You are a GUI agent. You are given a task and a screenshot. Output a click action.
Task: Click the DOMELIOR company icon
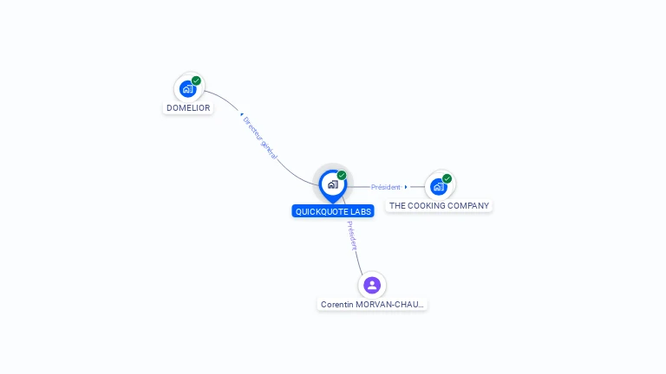(187, 88)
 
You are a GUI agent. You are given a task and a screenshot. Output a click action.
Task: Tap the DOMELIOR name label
(188, 108)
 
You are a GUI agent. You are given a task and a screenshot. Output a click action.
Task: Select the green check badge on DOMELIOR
(196, 81)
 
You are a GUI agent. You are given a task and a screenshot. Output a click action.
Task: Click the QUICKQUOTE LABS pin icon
(332, 184)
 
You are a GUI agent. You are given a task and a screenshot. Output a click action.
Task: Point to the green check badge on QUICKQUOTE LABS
(342, 176)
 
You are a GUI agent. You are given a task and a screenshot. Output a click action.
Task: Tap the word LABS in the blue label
(362, 211)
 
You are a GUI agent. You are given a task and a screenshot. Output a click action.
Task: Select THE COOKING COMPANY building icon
(439, 186)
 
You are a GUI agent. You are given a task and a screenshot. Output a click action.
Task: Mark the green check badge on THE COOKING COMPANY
(447, 178)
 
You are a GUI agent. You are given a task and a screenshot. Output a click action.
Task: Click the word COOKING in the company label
(427, 206)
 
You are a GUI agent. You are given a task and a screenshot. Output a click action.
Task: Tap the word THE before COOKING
(397, 206)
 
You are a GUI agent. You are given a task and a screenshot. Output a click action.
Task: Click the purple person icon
(372, 285)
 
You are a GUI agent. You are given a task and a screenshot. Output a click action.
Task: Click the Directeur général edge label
(259, 138)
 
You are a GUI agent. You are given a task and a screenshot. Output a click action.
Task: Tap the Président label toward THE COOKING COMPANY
(385, 187)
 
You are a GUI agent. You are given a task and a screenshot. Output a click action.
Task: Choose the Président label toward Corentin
(352, 235)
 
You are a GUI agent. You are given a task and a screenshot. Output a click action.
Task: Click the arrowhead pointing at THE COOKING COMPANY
(406, 187)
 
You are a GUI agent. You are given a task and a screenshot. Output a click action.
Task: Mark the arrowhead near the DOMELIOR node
(241, 114)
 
